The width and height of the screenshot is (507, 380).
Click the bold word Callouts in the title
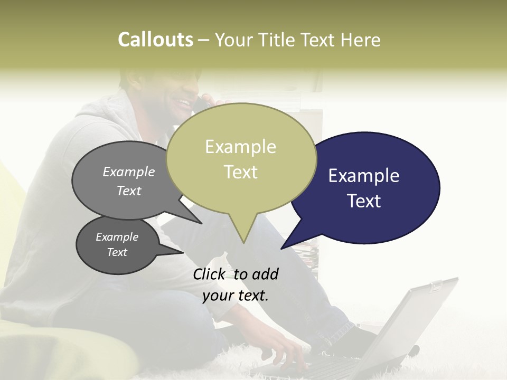point(155,40)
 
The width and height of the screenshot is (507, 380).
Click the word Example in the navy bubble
point(364,176)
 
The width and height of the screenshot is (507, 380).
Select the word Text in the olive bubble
point(241,172)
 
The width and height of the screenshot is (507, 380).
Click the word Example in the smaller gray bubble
point(117,237)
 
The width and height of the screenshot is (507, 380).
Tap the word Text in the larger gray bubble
point(129,191)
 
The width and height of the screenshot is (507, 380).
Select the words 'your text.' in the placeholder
point(236,296)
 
